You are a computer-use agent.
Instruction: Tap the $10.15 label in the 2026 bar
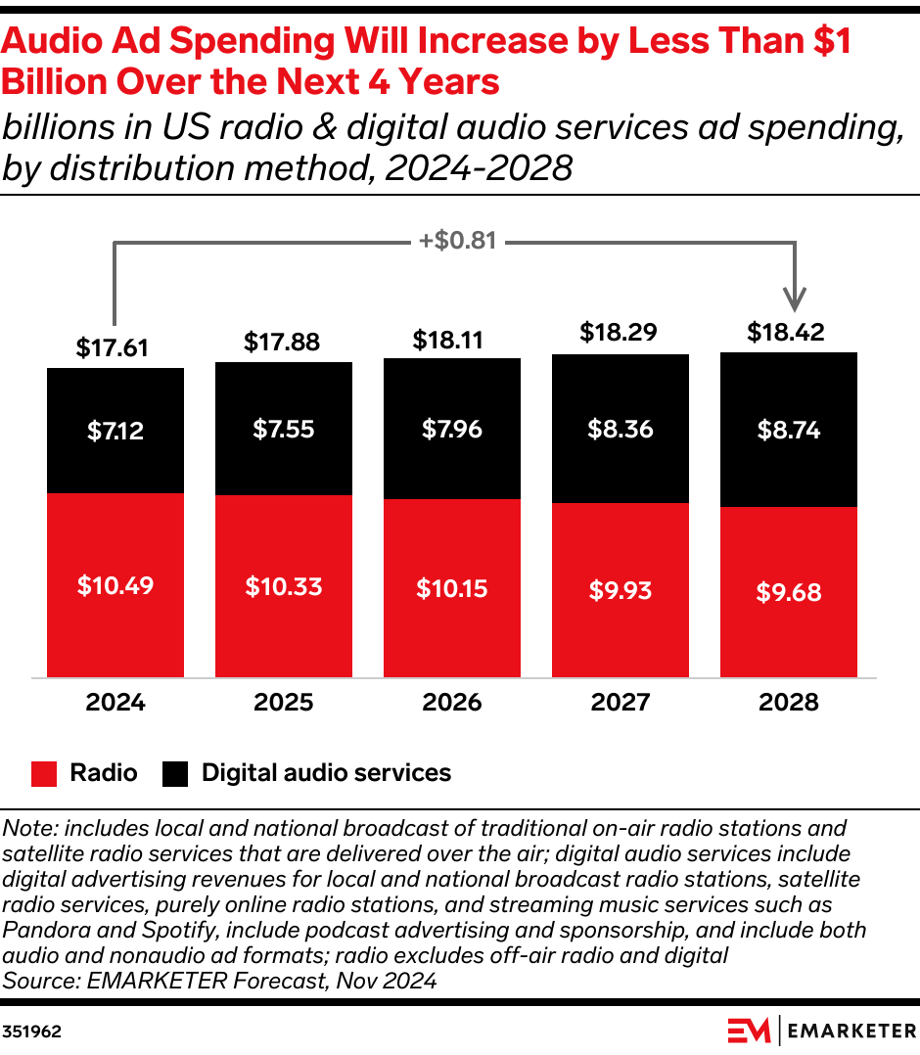452,588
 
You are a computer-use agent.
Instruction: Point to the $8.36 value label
621,429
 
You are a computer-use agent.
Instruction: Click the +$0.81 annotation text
458,240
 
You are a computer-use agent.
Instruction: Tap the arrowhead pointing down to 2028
797,298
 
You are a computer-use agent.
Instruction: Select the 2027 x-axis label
621,703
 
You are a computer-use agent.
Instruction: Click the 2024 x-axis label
115,703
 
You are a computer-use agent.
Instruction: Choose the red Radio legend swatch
44,773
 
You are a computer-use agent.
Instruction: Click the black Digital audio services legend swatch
175,773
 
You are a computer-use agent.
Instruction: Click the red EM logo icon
750,1031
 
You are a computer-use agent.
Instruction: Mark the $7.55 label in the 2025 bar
284,429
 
